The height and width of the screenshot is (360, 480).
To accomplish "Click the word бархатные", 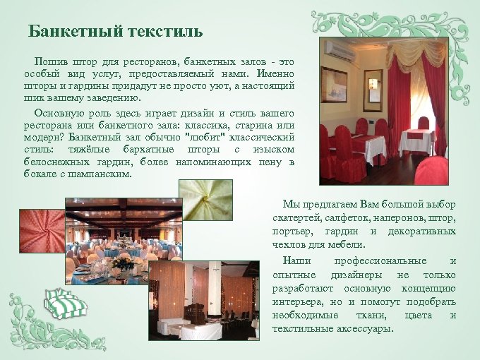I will pos(146,150).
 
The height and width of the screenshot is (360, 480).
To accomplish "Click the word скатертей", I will pos(296,217).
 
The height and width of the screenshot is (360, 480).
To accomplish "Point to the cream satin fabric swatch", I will pos(205,200).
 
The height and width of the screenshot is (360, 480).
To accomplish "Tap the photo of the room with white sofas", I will pos(203,301).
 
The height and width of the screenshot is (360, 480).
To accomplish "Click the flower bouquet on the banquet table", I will pos(123,263).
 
